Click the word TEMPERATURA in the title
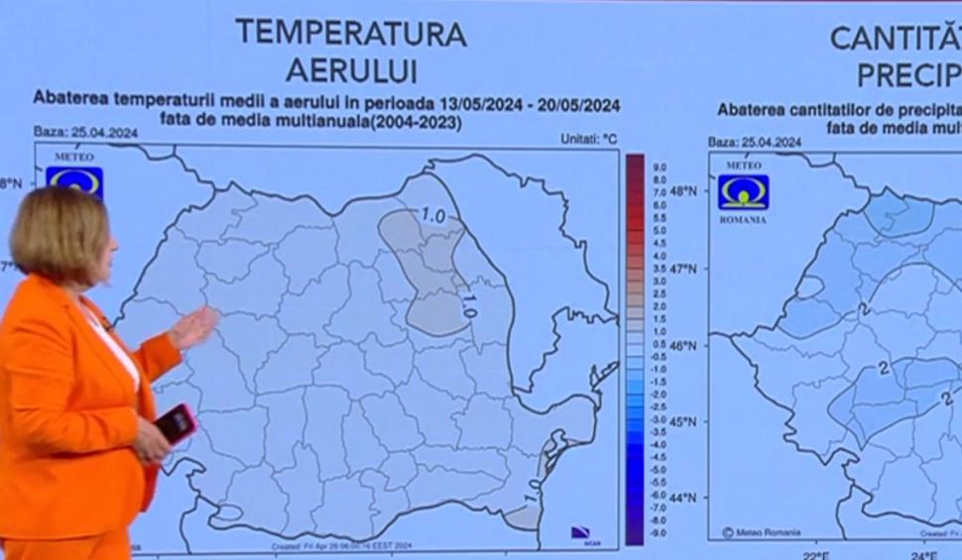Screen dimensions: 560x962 click(350, 33)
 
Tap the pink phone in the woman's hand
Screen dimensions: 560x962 click(175, 423)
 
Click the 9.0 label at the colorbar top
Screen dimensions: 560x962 click(660, 167)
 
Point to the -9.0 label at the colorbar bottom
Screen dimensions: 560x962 click(659, 532)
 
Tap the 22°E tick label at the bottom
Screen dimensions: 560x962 click(816, 554)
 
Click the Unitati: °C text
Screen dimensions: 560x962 click(588, 140)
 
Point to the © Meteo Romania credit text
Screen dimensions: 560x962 click(761, 532)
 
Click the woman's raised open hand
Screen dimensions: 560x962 click(194, 328)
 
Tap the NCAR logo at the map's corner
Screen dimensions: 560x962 click(581, 532)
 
